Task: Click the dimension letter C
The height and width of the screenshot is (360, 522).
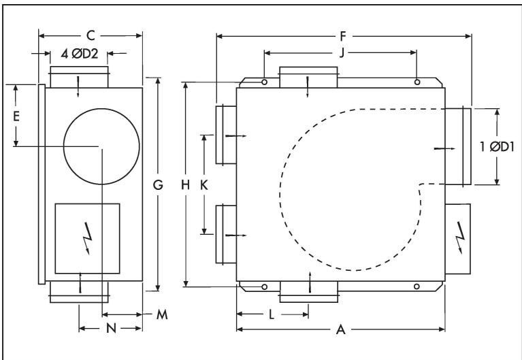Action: click(91, 33)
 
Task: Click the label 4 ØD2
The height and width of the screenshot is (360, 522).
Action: click(80, 54)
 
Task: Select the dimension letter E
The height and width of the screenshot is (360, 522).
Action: click(17, 116)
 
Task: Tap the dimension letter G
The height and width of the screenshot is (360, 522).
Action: click(158, 183)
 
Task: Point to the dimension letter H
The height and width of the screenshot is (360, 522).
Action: click(186, 184)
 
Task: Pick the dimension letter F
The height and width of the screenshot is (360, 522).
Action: click(343, 33)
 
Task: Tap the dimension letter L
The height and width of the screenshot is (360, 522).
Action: click(272, 314)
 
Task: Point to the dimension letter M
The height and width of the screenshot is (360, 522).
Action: click(161, 315)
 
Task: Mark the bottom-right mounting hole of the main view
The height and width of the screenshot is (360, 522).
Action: click(417, 287)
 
